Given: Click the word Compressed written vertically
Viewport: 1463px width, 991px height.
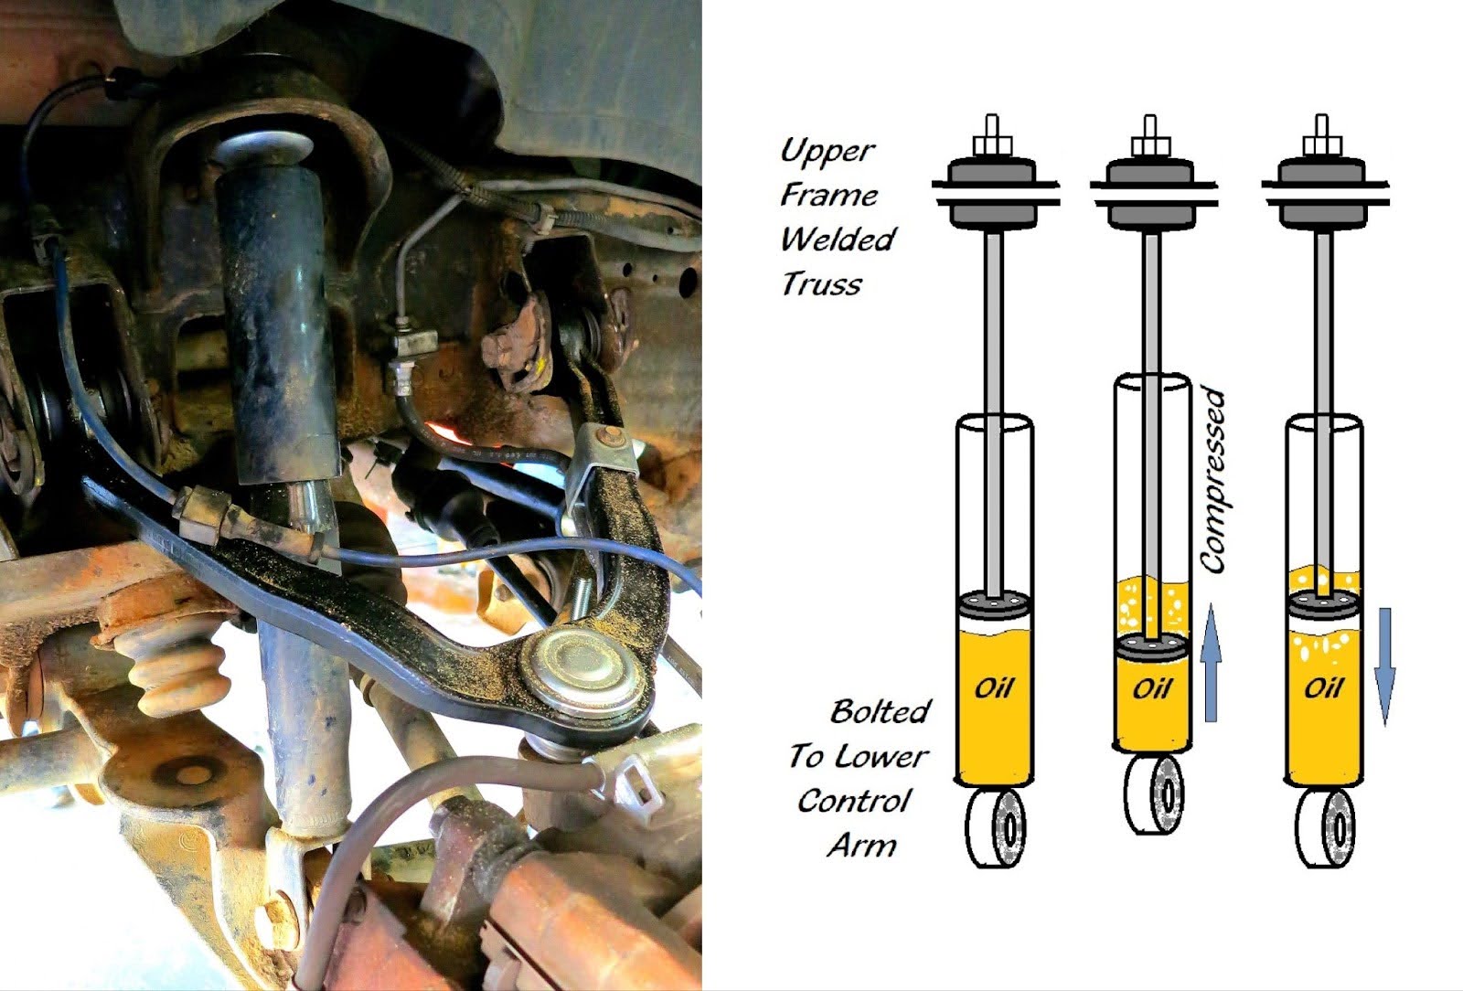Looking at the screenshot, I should click(1213, 481).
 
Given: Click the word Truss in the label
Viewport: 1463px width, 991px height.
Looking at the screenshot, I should click(821, 284).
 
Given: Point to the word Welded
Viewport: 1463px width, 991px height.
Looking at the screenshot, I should click(837, 240).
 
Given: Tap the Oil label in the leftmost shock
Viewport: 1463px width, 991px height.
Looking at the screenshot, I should click(994, 687).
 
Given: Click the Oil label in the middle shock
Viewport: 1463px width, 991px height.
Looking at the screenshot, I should click(1152, 687).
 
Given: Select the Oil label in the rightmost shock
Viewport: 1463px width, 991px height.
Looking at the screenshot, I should click(1323, 687).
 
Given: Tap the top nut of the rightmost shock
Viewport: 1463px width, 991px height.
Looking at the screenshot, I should click(1322, 144).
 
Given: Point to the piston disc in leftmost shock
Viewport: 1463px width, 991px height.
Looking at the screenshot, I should click(995, 603).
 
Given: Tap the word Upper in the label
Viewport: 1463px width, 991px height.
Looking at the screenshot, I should click(828, 150).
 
